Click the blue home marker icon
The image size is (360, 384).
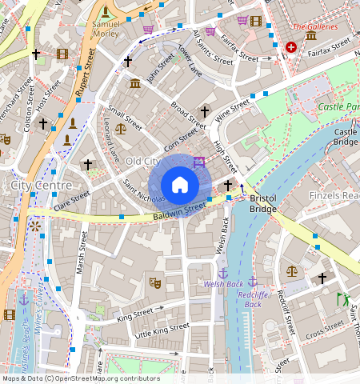(180, 185)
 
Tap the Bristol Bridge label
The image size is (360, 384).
(263, 203)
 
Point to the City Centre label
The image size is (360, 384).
(42, 186)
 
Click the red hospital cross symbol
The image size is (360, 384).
(290, 47)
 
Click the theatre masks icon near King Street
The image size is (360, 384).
(155, 282)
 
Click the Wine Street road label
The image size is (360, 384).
(234, 109)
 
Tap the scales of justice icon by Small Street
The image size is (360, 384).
(121, 128)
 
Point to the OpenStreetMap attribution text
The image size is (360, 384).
(81, 378)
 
